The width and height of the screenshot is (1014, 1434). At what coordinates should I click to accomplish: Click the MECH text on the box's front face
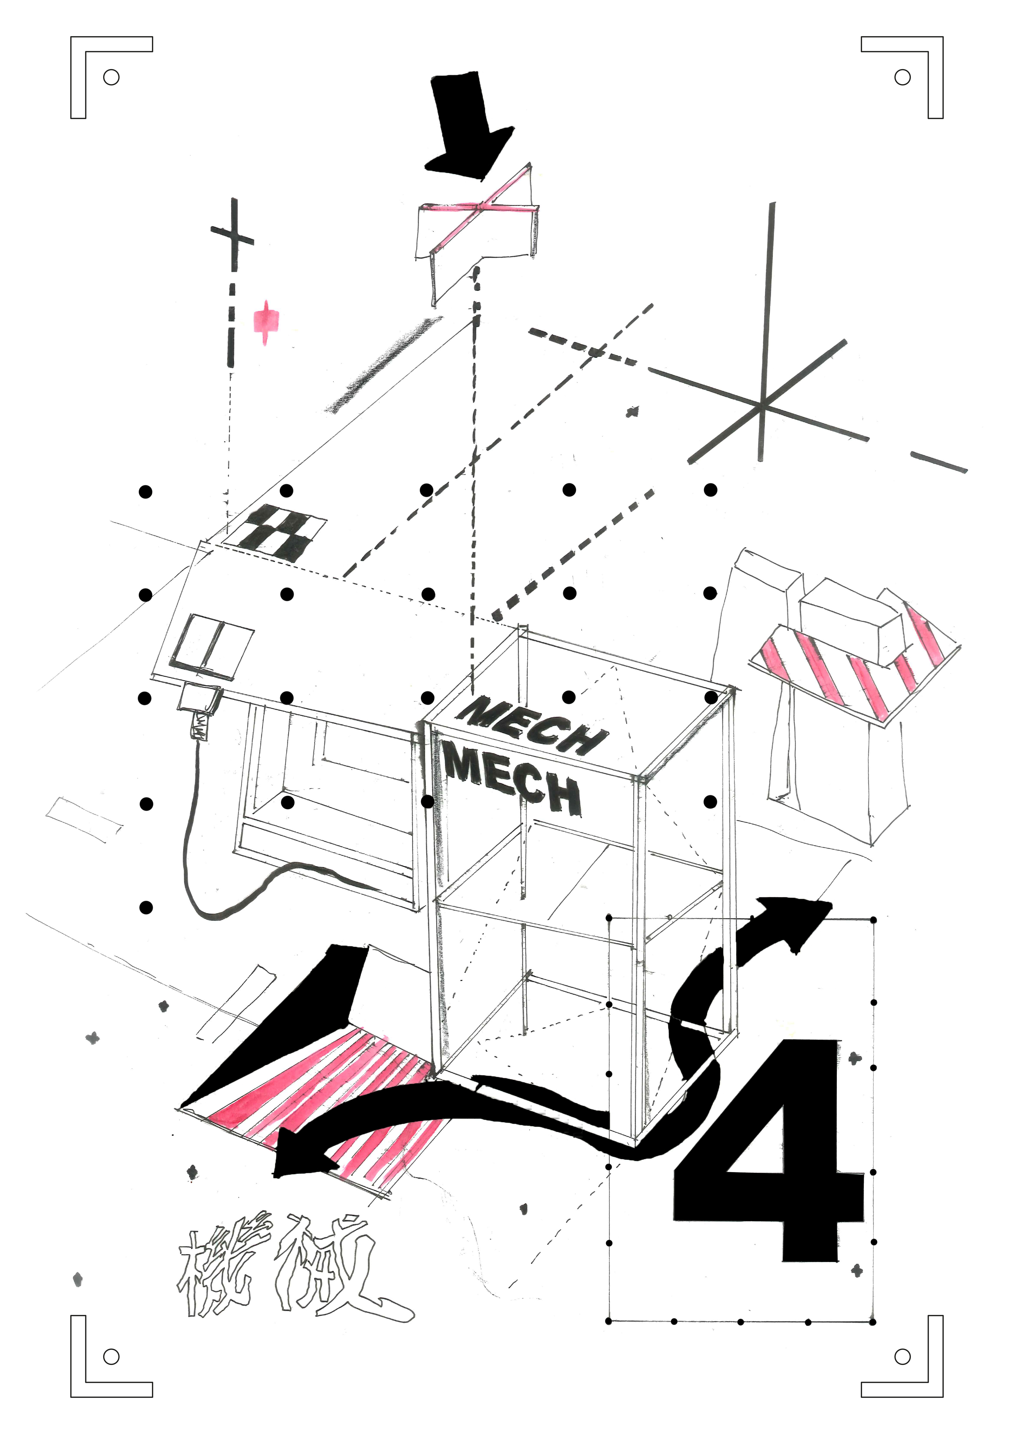[512, 781]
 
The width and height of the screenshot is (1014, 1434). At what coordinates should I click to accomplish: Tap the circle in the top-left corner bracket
[111, 77]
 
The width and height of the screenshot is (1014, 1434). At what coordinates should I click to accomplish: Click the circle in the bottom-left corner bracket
[111, 1356]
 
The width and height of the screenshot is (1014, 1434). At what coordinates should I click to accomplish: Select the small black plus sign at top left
[233, 236]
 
